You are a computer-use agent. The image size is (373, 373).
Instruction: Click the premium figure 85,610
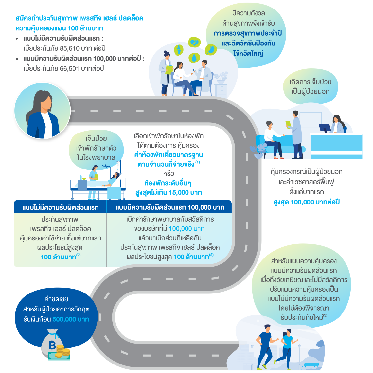tap(69, 48)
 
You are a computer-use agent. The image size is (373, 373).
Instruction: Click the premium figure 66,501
tap(69, 69)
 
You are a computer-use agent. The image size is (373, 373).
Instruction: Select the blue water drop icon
tap(195, 58)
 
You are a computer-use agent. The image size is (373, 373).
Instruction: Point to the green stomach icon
tap(211, 50)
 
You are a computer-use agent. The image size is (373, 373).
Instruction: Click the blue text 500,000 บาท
tap(71, 319)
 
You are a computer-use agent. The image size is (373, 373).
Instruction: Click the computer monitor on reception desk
tap(324, 128)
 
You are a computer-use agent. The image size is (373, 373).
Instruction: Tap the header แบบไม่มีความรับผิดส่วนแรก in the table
tap(61, 208)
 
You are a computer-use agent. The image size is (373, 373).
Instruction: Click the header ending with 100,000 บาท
tap(170, 207)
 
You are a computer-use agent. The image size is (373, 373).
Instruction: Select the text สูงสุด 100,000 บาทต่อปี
tap(306, 202)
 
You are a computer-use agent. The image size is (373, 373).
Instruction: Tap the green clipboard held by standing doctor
tap(289, 125)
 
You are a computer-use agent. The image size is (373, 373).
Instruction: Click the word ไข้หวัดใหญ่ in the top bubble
tap(248, 53)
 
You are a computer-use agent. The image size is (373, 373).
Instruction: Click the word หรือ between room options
tap(169, 174)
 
